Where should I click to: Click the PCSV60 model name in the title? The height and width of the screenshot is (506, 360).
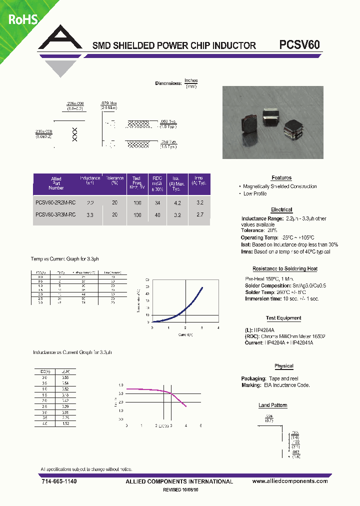(299, 44)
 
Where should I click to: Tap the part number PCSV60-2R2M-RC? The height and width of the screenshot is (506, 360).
(55, 203)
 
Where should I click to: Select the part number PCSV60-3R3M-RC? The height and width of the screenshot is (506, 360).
(55, 214)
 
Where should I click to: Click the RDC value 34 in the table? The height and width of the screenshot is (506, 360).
(158, 203)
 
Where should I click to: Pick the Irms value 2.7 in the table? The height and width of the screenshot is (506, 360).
(200, 214)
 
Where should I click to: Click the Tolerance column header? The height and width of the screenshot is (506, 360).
(115, 180)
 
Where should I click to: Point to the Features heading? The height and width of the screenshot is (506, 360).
(281, 178)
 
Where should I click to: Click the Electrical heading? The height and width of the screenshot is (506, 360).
(281, 210)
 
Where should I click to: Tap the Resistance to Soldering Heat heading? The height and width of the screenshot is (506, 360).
(285, 269)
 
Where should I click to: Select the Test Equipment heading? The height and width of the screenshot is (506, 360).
(283, 318)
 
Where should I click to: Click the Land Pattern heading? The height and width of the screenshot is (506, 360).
(272, 405)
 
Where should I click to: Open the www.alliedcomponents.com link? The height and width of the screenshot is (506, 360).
(290, 481)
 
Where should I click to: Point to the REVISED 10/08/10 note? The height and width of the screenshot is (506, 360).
(184, 490)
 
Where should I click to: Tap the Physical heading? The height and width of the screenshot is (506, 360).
(284, 366)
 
